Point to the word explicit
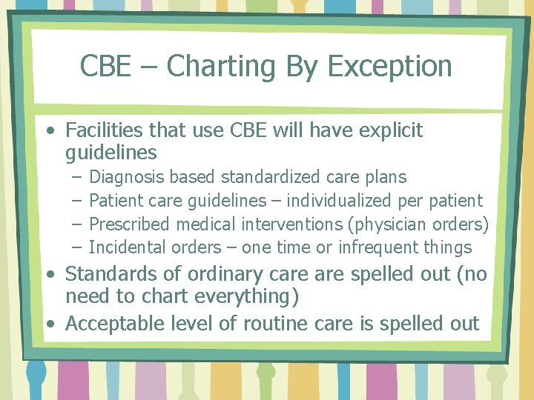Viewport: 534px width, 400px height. (x=386, y=130)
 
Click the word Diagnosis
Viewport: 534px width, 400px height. (x=127, y=177)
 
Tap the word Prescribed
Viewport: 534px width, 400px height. (x=129, y=224)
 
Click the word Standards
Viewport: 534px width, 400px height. (x=108, y=274)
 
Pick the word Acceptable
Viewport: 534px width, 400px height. (x=111, y=324)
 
